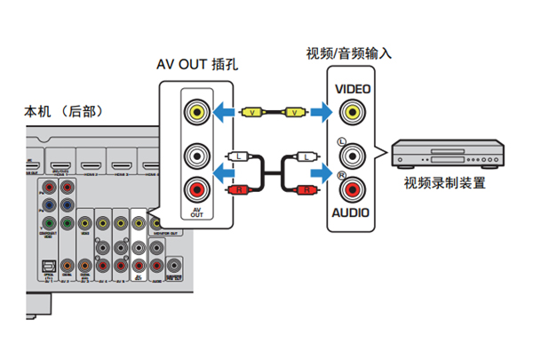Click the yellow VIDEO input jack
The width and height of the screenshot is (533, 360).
click(353, 113)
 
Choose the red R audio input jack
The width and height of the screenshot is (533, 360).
click(353, 188)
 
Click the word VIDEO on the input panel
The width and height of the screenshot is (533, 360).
click(353, 90)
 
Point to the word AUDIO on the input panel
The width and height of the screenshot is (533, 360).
click(352, 213)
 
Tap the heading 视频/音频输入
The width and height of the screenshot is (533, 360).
click(348, 52)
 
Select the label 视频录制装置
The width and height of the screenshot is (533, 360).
click(444, 184)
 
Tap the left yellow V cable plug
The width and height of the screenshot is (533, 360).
click(254, 112)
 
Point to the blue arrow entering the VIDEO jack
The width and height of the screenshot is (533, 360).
click(322, 113)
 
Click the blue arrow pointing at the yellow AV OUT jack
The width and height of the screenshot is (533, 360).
click(225, 112)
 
